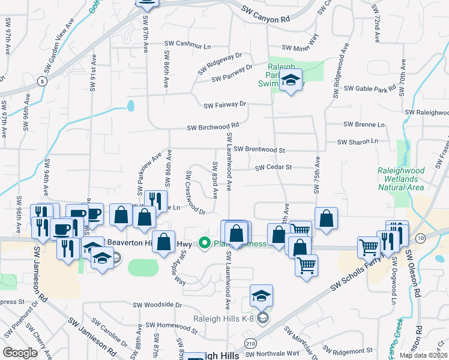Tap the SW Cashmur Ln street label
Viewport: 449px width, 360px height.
tap(189, 46)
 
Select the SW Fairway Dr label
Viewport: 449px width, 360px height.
tap(225, 104)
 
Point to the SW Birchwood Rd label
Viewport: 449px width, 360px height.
tap(213, 127)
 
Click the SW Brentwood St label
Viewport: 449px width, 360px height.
tap(259, 149)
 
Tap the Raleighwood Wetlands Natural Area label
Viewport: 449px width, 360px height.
tap(400, 179)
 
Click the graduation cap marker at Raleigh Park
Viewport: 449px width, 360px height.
tap(291, 80)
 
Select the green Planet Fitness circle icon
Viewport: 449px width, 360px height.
tap(204, 243)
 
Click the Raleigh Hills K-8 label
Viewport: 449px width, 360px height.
tap(228, 319)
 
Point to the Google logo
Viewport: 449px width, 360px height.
tap(20, 352)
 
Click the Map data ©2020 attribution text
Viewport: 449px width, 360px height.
tap(423, 355)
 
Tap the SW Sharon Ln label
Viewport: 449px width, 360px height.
tap(358, 142)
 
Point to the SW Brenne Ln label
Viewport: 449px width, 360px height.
tap(364, 124)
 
